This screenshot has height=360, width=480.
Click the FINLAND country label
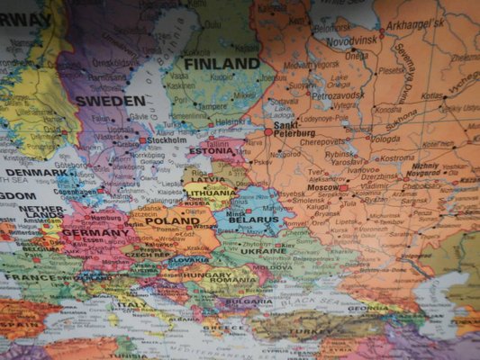coord(221,64)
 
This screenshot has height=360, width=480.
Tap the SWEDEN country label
coord(110,101)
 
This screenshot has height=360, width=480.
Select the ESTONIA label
coord(211,151)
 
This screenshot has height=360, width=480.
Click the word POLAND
coord(172,220)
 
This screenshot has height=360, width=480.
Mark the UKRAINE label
coord(262,251)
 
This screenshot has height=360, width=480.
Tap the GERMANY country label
coord(96,232)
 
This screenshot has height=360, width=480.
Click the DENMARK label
coord(34,172)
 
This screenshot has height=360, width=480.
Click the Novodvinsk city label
coord(351,41)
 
